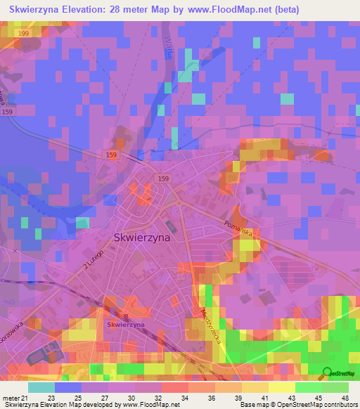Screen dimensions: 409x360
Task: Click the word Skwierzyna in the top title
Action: pyautogui.click(x=38, y=10)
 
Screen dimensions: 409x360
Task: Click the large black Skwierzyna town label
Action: pyautogui.click(x=141, y=238)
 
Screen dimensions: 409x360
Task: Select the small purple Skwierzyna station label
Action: pyautogui.click(x=126, y=325)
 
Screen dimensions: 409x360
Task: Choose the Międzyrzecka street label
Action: pyautogui.click(x=210, y=325)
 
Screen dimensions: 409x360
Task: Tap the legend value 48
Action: pyautogui.click(x=345, y=398)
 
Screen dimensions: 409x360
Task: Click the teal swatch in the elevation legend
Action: pyautogui.click(x=41, y=387)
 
